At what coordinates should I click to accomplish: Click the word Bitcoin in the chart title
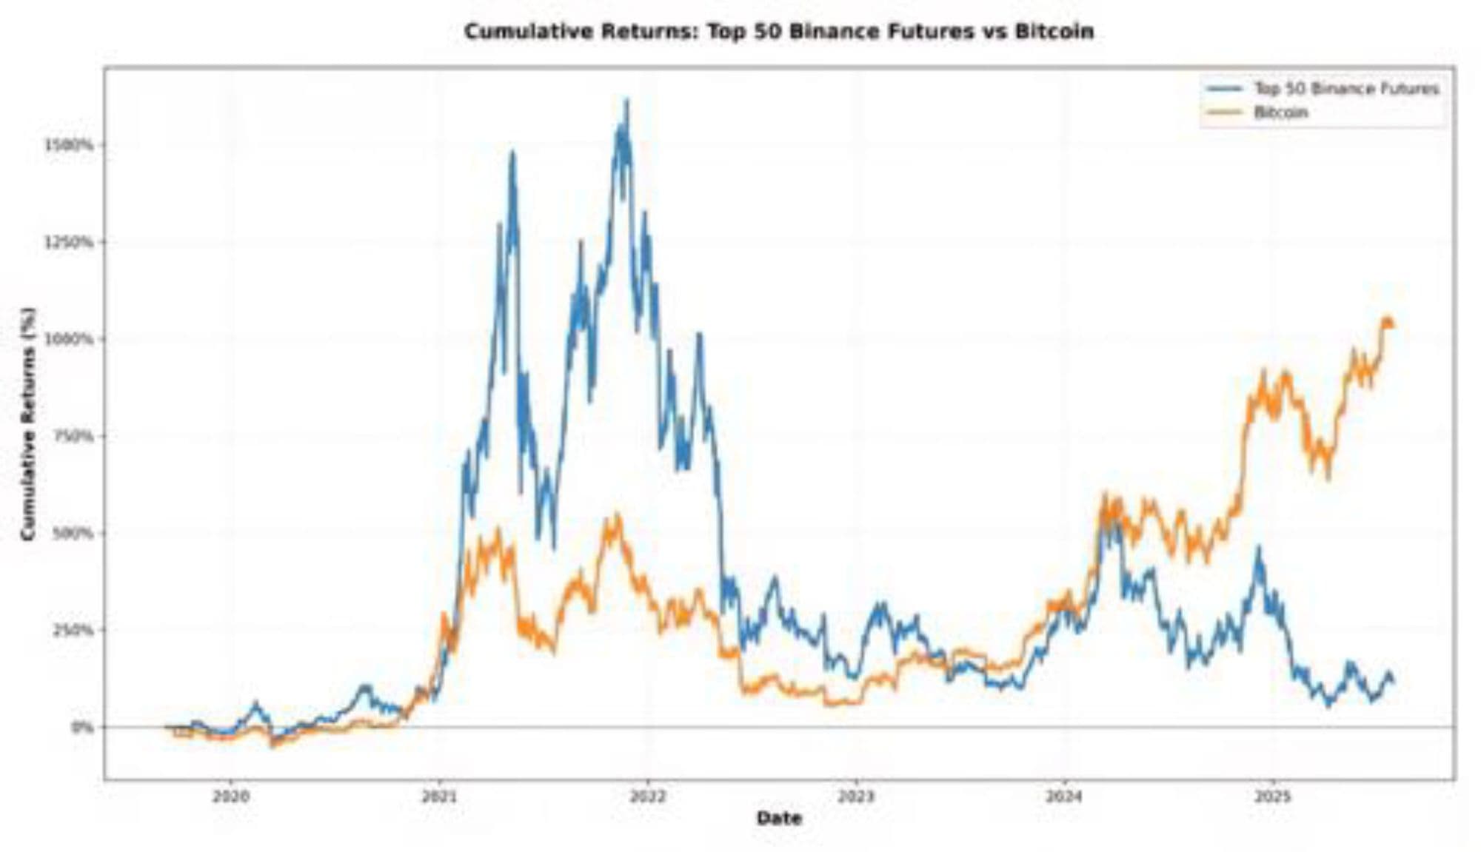1054,32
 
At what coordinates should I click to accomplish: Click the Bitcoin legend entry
1280,113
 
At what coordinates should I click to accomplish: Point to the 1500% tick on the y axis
70,144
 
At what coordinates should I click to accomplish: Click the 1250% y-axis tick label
70,242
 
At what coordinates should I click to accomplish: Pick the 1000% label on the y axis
70,339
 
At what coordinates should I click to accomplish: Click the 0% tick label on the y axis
82,727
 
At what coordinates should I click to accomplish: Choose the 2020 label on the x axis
230,797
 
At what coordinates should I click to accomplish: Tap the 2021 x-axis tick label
438,797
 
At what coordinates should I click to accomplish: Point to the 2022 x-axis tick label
647,797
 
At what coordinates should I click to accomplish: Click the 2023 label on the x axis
856,797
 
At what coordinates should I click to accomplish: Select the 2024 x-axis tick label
1064,797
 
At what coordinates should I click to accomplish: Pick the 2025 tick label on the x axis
1273,797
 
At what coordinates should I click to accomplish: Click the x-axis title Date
779,818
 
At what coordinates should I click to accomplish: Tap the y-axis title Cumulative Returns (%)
28,423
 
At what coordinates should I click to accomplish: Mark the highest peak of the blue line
627,100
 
